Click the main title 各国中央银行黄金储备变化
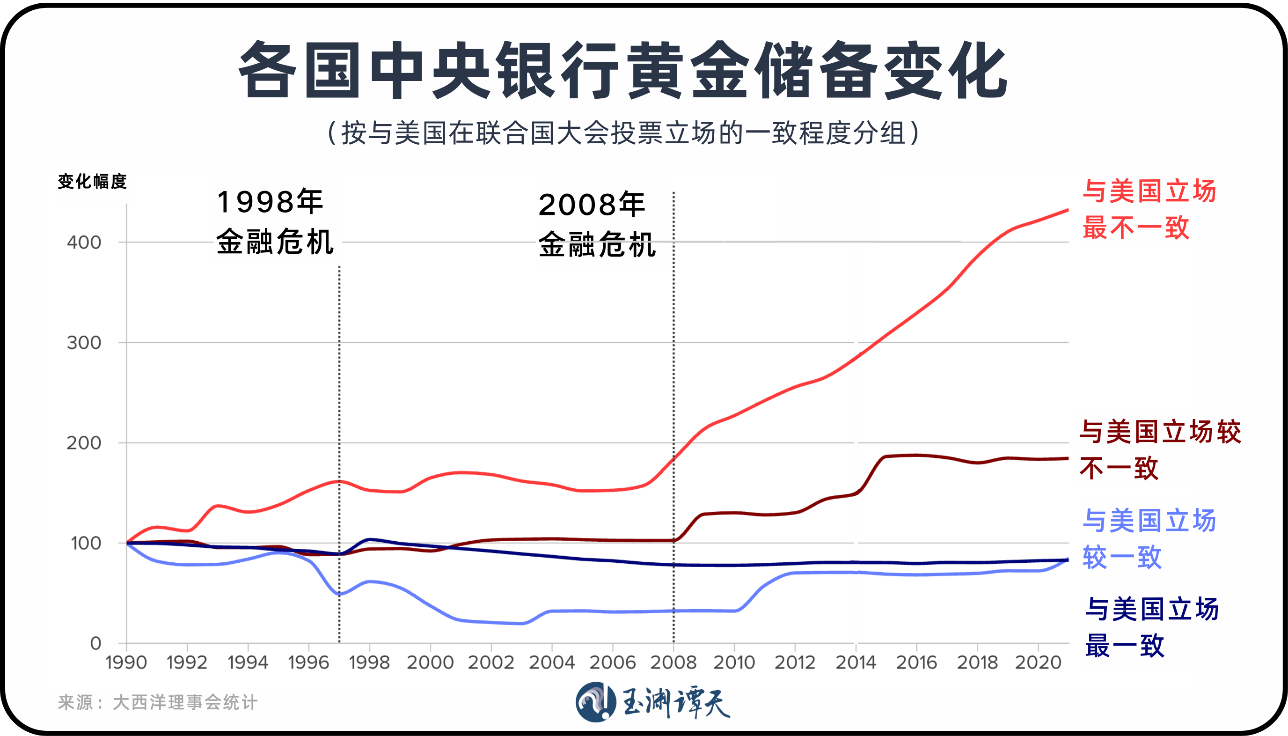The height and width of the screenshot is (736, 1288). coord(622,71)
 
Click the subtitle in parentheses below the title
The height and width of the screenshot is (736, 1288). coord(622,133)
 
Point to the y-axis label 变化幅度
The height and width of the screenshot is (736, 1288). coord(92,182)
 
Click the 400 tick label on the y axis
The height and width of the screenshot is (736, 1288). coord(84,242)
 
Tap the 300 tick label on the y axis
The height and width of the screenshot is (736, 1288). coord(84,343)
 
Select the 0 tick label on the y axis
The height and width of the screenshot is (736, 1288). coord(95,643)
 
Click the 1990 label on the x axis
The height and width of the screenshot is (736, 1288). coord(126,662)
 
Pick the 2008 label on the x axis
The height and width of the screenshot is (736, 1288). coord(673,662)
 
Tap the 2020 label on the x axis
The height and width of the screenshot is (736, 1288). coord(1038,662)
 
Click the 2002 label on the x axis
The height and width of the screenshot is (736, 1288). coord(490,662)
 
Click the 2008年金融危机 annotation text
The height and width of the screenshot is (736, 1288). coord(596,224)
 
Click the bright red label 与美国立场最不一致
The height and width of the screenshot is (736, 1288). coord(1148,209)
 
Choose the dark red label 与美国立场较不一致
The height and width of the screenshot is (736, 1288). coord(1159,450)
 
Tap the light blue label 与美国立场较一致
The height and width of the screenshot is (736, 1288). coord(1148,539)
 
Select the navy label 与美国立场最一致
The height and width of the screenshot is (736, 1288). coord(1151,627)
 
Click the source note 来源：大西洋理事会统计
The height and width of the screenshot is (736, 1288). coord(158,702)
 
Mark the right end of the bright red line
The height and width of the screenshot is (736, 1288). coord(1067,210)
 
